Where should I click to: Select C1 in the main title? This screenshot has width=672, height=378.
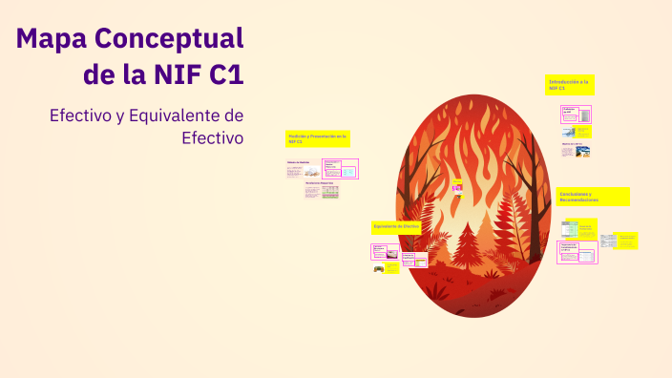225,74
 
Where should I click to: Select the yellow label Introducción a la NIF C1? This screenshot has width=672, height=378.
570,85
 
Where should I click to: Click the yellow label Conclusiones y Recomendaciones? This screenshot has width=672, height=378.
593,197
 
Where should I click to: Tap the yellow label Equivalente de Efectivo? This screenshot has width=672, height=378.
397,226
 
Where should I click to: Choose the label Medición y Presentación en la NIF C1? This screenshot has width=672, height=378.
318,139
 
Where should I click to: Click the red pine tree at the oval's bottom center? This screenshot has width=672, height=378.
468,244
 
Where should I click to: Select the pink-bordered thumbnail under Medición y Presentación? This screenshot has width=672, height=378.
341,169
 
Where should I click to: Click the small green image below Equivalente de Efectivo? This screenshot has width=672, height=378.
381,269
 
